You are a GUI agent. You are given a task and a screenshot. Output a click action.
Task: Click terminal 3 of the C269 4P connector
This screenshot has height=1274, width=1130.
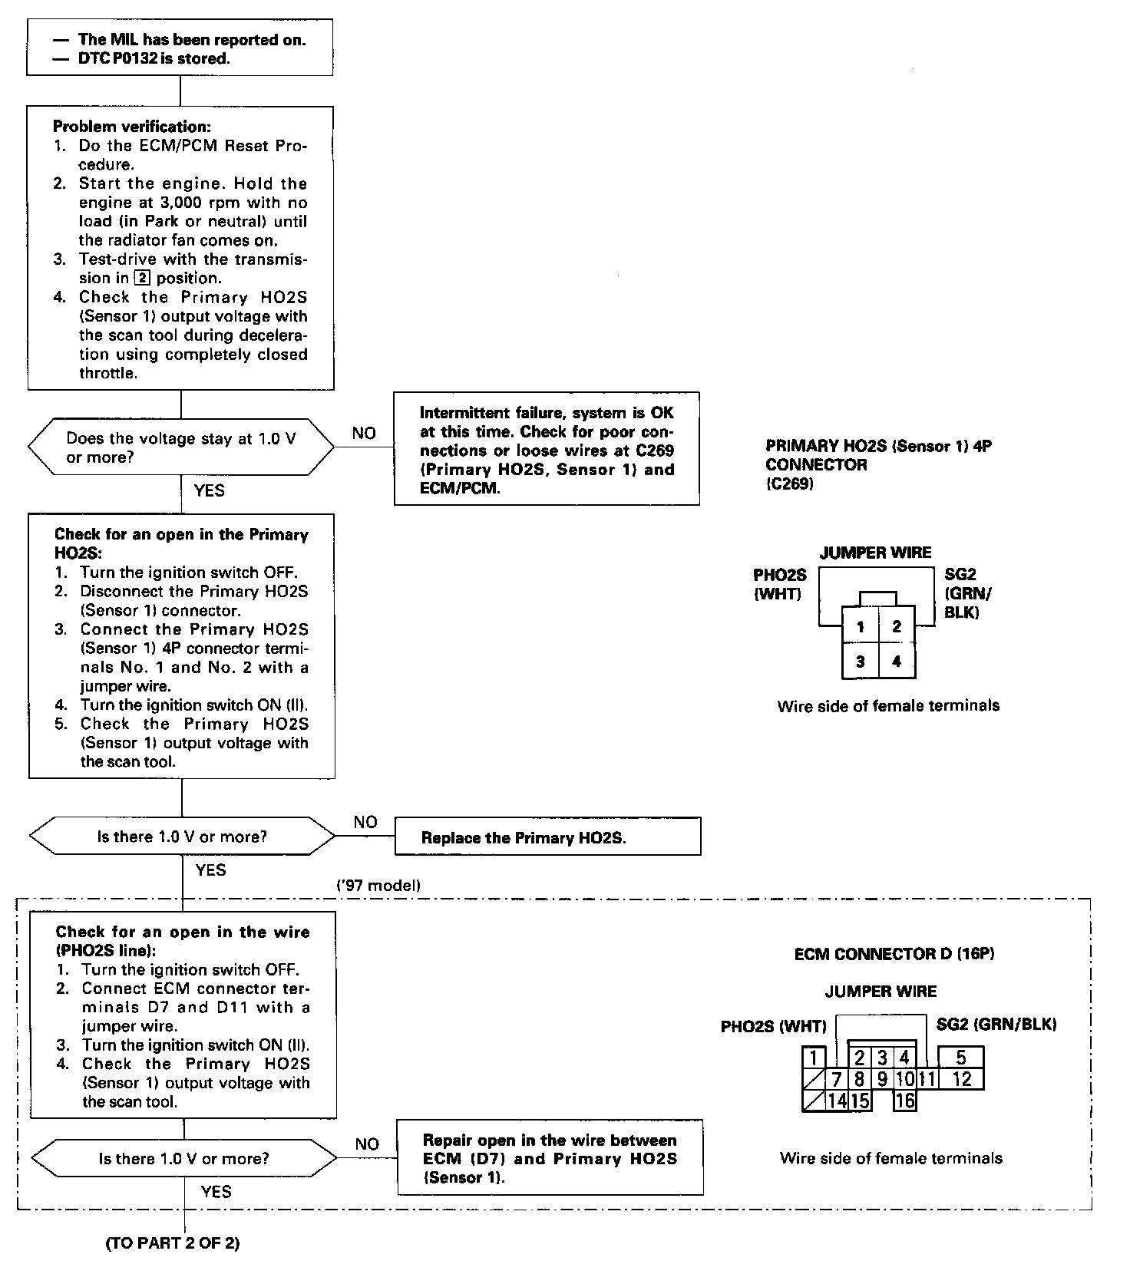coord(861,661)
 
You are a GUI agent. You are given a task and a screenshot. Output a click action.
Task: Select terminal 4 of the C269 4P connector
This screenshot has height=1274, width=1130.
coord(897,661)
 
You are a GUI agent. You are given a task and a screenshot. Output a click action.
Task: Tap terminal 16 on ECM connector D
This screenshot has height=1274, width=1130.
coord(905,1101)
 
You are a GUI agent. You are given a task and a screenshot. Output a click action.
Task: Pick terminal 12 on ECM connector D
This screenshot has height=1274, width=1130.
coord(961,1079)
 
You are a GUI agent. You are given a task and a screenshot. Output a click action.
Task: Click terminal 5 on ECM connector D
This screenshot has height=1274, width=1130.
coord(960,1058)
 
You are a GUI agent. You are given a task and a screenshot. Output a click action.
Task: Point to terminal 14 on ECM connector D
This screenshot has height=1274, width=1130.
coord(837,1101)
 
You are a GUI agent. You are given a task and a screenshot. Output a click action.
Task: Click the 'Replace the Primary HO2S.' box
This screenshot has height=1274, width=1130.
coord(547,837)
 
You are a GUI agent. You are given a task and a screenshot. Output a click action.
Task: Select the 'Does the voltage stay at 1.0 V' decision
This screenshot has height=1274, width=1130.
coord(181,447)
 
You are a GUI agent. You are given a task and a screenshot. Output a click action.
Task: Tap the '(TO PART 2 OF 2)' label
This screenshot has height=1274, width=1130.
coord(172,1243)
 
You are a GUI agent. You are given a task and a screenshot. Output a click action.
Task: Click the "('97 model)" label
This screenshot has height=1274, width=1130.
coord(379,885)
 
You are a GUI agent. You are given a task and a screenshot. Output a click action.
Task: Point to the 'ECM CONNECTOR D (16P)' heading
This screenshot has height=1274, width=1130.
coord(894,954)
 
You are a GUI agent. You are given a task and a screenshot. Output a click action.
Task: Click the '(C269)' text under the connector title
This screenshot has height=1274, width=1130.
coord(789,484)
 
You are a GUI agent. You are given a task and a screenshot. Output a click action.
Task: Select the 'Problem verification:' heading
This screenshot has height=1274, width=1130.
coord(131,127)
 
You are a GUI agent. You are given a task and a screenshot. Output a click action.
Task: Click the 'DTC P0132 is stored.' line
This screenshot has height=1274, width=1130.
coord(154,58)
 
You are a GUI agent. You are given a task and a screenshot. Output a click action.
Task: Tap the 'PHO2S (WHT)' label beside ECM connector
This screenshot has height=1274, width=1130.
coord(773,1026)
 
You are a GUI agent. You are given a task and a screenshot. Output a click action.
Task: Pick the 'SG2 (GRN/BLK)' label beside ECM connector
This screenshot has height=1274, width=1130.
coord(996,1024)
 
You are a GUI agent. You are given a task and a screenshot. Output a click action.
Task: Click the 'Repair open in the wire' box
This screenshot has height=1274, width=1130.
coord(550,1158)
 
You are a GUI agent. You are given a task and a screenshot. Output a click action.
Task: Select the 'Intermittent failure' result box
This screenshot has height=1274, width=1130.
coord(547,450)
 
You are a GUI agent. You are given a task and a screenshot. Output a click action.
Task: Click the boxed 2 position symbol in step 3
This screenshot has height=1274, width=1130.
coord(139,278)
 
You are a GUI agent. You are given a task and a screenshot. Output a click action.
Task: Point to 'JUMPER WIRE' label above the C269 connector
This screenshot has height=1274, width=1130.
coord(875,553)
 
